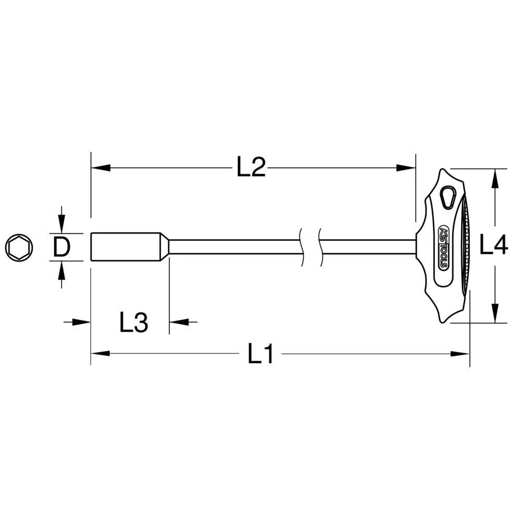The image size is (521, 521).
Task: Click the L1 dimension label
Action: tap(260, 355)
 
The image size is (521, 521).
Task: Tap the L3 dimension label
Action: tap(134, 323)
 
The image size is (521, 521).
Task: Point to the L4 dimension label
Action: tap(493, 245)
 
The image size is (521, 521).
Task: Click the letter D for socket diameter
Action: tap(61, 247)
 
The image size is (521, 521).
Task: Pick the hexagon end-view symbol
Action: tap(19, 247)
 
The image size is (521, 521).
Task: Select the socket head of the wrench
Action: tap(125, 247)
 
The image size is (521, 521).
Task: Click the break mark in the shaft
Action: tap(311, 247)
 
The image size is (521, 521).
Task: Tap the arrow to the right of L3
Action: tap(179, 322)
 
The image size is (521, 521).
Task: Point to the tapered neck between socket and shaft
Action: tap(164, 247)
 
